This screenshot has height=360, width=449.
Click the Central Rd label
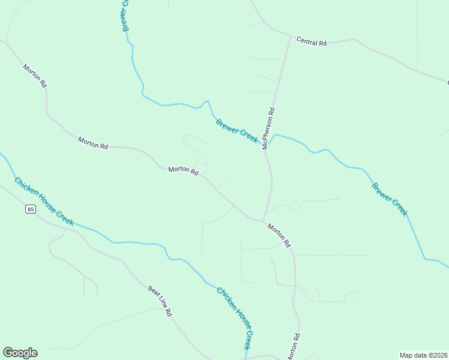tap(312, 43)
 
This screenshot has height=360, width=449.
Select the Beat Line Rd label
tap(160, 301)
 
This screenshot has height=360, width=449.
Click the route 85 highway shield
tap(31, 209)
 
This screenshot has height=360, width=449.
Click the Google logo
tap(20, 353)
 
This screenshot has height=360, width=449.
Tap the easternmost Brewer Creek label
tap(390, 199)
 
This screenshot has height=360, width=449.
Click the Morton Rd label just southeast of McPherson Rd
tap(279, 236)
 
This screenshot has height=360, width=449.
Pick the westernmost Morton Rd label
tap(35, 76)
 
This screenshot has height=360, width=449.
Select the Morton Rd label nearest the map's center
tap(183, 170)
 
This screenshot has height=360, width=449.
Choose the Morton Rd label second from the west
tap(93, 143)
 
